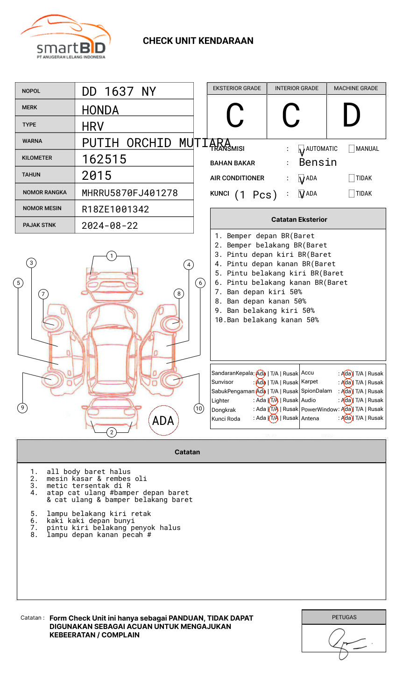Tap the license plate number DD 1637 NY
coord(119,92)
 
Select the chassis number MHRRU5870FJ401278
coord(130,193)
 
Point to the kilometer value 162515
coord(104,159)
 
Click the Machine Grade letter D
coord(352,116)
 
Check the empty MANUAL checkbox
coord(352,149)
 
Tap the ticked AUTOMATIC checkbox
coord(302,149)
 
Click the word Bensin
coord(318,162)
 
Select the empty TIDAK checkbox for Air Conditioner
coord(352,178)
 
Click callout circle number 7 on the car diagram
coord(43,294)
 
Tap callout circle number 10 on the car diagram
coord(199,409)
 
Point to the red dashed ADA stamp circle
coord(163,420)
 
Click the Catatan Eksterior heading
coord(299,219)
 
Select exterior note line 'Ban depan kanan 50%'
coord(266,301)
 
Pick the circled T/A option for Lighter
coord(274,400)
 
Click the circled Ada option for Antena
coord(346,418)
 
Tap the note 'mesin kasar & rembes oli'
coord(97,479)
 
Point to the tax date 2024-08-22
coord(110,226)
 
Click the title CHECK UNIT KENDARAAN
coord(198,41)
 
